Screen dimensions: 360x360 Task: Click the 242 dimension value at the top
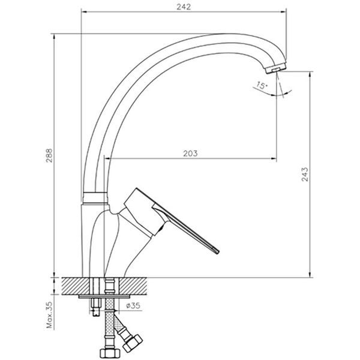[184, 7]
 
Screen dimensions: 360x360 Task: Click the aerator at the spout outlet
[277, 70]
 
